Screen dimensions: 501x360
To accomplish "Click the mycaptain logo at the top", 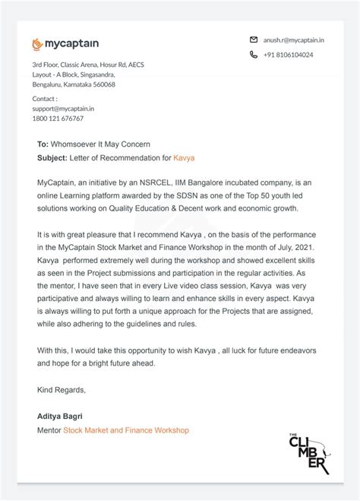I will coord(65,44).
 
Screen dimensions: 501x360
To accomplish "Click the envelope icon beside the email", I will coord(254,39).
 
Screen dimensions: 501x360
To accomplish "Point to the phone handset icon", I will coord(254,55).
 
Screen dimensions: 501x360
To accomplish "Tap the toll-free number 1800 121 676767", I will coord(58,119).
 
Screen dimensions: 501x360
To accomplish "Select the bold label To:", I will coord(43,144).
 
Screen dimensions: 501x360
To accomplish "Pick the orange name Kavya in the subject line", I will coord(184,157).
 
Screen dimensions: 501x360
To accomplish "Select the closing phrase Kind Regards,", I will coord(61,390).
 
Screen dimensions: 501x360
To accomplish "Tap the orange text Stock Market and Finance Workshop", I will coord(125,430).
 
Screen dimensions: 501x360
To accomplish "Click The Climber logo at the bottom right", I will coord(308,453).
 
